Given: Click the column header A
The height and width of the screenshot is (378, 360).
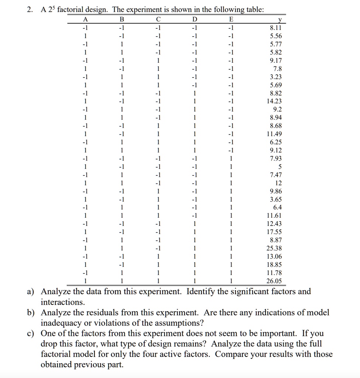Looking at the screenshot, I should click(x=86, y=20).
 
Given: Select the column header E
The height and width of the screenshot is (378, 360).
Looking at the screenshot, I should click(x=231, y=20).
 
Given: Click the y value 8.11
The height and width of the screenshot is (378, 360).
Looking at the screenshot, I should click(x=276, y=28).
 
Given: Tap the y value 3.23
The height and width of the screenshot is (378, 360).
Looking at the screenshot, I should click(x=276, y=77).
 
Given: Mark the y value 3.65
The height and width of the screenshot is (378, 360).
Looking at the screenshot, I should click(x=276, y=199).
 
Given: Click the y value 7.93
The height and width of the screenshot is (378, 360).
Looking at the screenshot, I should click(x=276, y=158).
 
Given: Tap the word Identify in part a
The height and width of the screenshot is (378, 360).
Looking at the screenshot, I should click(x=201, y=292).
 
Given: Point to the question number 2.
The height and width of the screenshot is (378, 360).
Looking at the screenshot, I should click(x=29, y=10).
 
